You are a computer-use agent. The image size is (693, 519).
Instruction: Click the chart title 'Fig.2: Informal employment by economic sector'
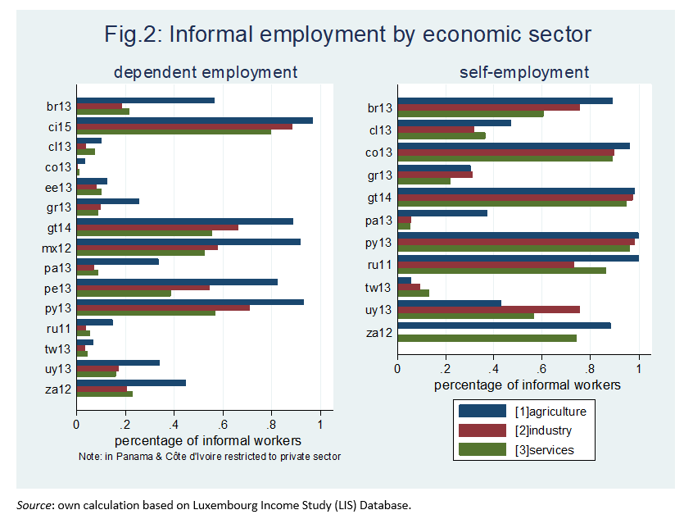pos(347,34)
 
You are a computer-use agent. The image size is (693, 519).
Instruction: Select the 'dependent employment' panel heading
pos(206,73)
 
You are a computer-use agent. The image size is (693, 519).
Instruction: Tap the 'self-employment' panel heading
pos(524,73)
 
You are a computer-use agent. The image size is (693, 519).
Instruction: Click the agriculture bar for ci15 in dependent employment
pos(194,120)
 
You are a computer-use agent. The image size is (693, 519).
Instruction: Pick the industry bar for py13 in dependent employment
pos(163,307)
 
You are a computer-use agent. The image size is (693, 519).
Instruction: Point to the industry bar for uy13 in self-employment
pos(488,309)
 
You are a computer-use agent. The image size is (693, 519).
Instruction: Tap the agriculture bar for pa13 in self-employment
pos(442,213)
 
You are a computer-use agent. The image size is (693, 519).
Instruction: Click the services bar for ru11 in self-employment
pos(501,270)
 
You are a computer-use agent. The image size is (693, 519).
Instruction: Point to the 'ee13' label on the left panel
pos(59,187)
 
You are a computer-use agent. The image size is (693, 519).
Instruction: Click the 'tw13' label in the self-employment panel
pos(379,288)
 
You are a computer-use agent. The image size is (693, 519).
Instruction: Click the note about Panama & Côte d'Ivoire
pos(209,456)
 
